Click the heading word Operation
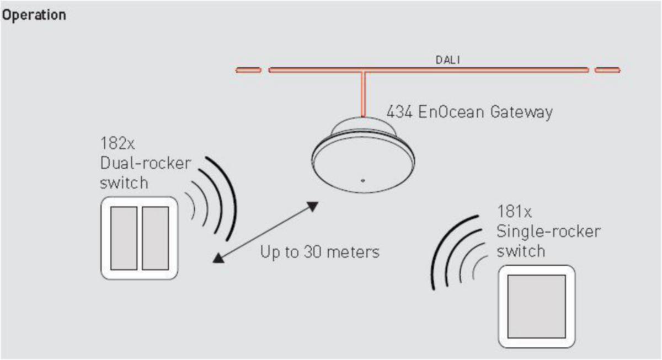[34, 15]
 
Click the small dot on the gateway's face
[362, 180]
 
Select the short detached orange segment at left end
[248, 70]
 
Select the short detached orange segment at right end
[607, 70]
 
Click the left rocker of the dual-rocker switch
[124, 238]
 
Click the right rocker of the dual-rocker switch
[155, 238]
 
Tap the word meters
[354, 252]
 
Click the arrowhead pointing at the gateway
[313, 207]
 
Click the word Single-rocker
[548, 231]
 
